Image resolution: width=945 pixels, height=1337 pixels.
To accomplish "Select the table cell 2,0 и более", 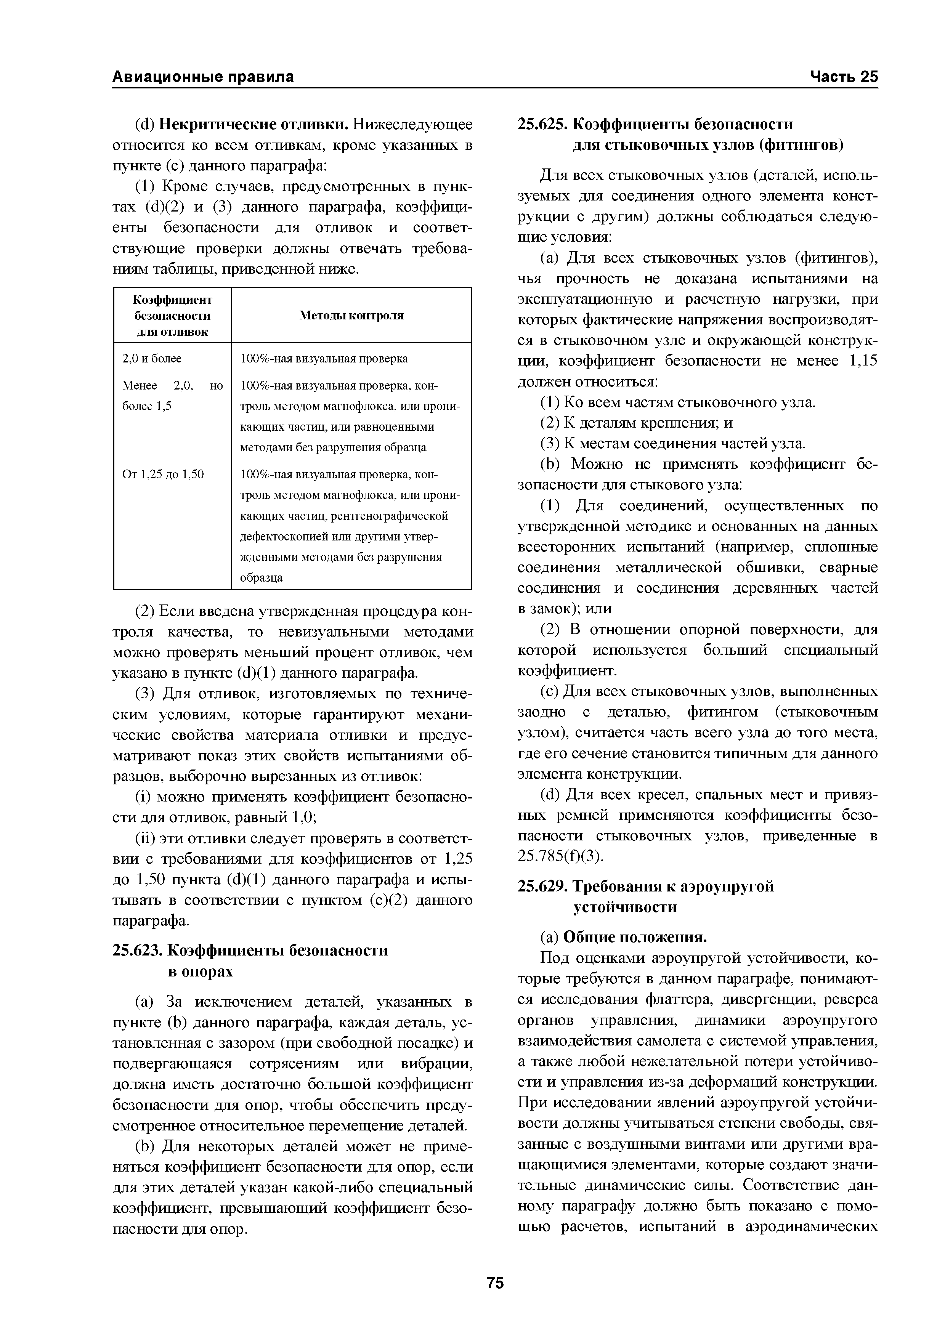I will [x=151, y=358].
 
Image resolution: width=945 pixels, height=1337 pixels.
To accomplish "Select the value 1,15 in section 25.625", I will [x=863, y=361].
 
